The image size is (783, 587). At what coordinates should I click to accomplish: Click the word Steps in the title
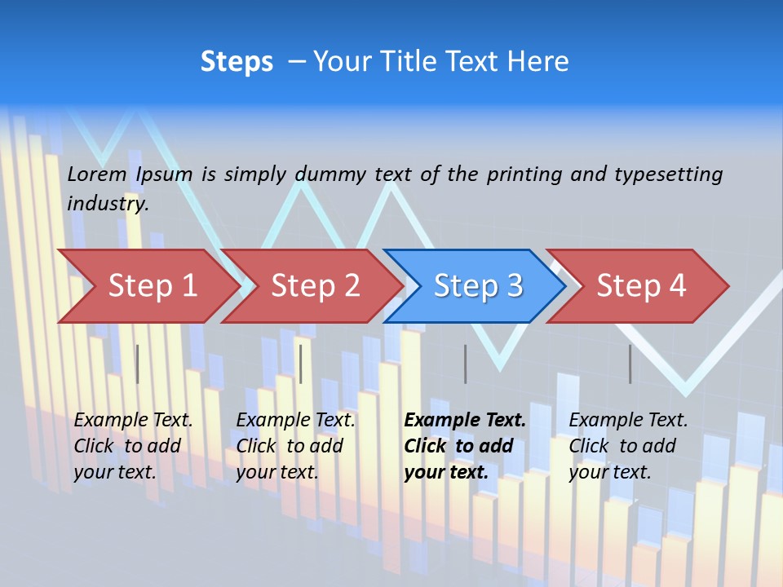(x=237, y=62)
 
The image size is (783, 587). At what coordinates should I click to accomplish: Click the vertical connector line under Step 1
(x=138, y=364)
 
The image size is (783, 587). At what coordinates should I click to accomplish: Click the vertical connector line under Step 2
(x=301, y=364)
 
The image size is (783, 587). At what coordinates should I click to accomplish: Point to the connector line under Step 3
(x=466, y=364)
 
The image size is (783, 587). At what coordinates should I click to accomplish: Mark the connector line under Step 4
(x=630, y=364)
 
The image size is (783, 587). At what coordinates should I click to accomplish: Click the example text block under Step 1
(x=133, y=446)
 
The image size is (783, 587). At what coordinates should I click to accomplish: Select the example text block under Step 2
(x=295, y=446)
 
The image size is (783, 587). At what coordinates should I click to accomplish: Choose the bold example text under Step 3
(x=465, y=446)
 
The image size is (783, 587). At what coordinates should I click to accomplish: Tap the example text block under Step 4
(x=628, y=446)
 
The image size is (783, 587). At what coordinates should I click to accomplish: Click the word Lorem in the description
(x=97, y=174)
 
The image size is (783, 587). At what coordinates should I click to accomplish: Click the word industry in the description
(x=107, y=204)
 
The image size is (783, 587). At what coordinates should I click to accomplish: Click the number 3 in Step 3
(x=515, y=286)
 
